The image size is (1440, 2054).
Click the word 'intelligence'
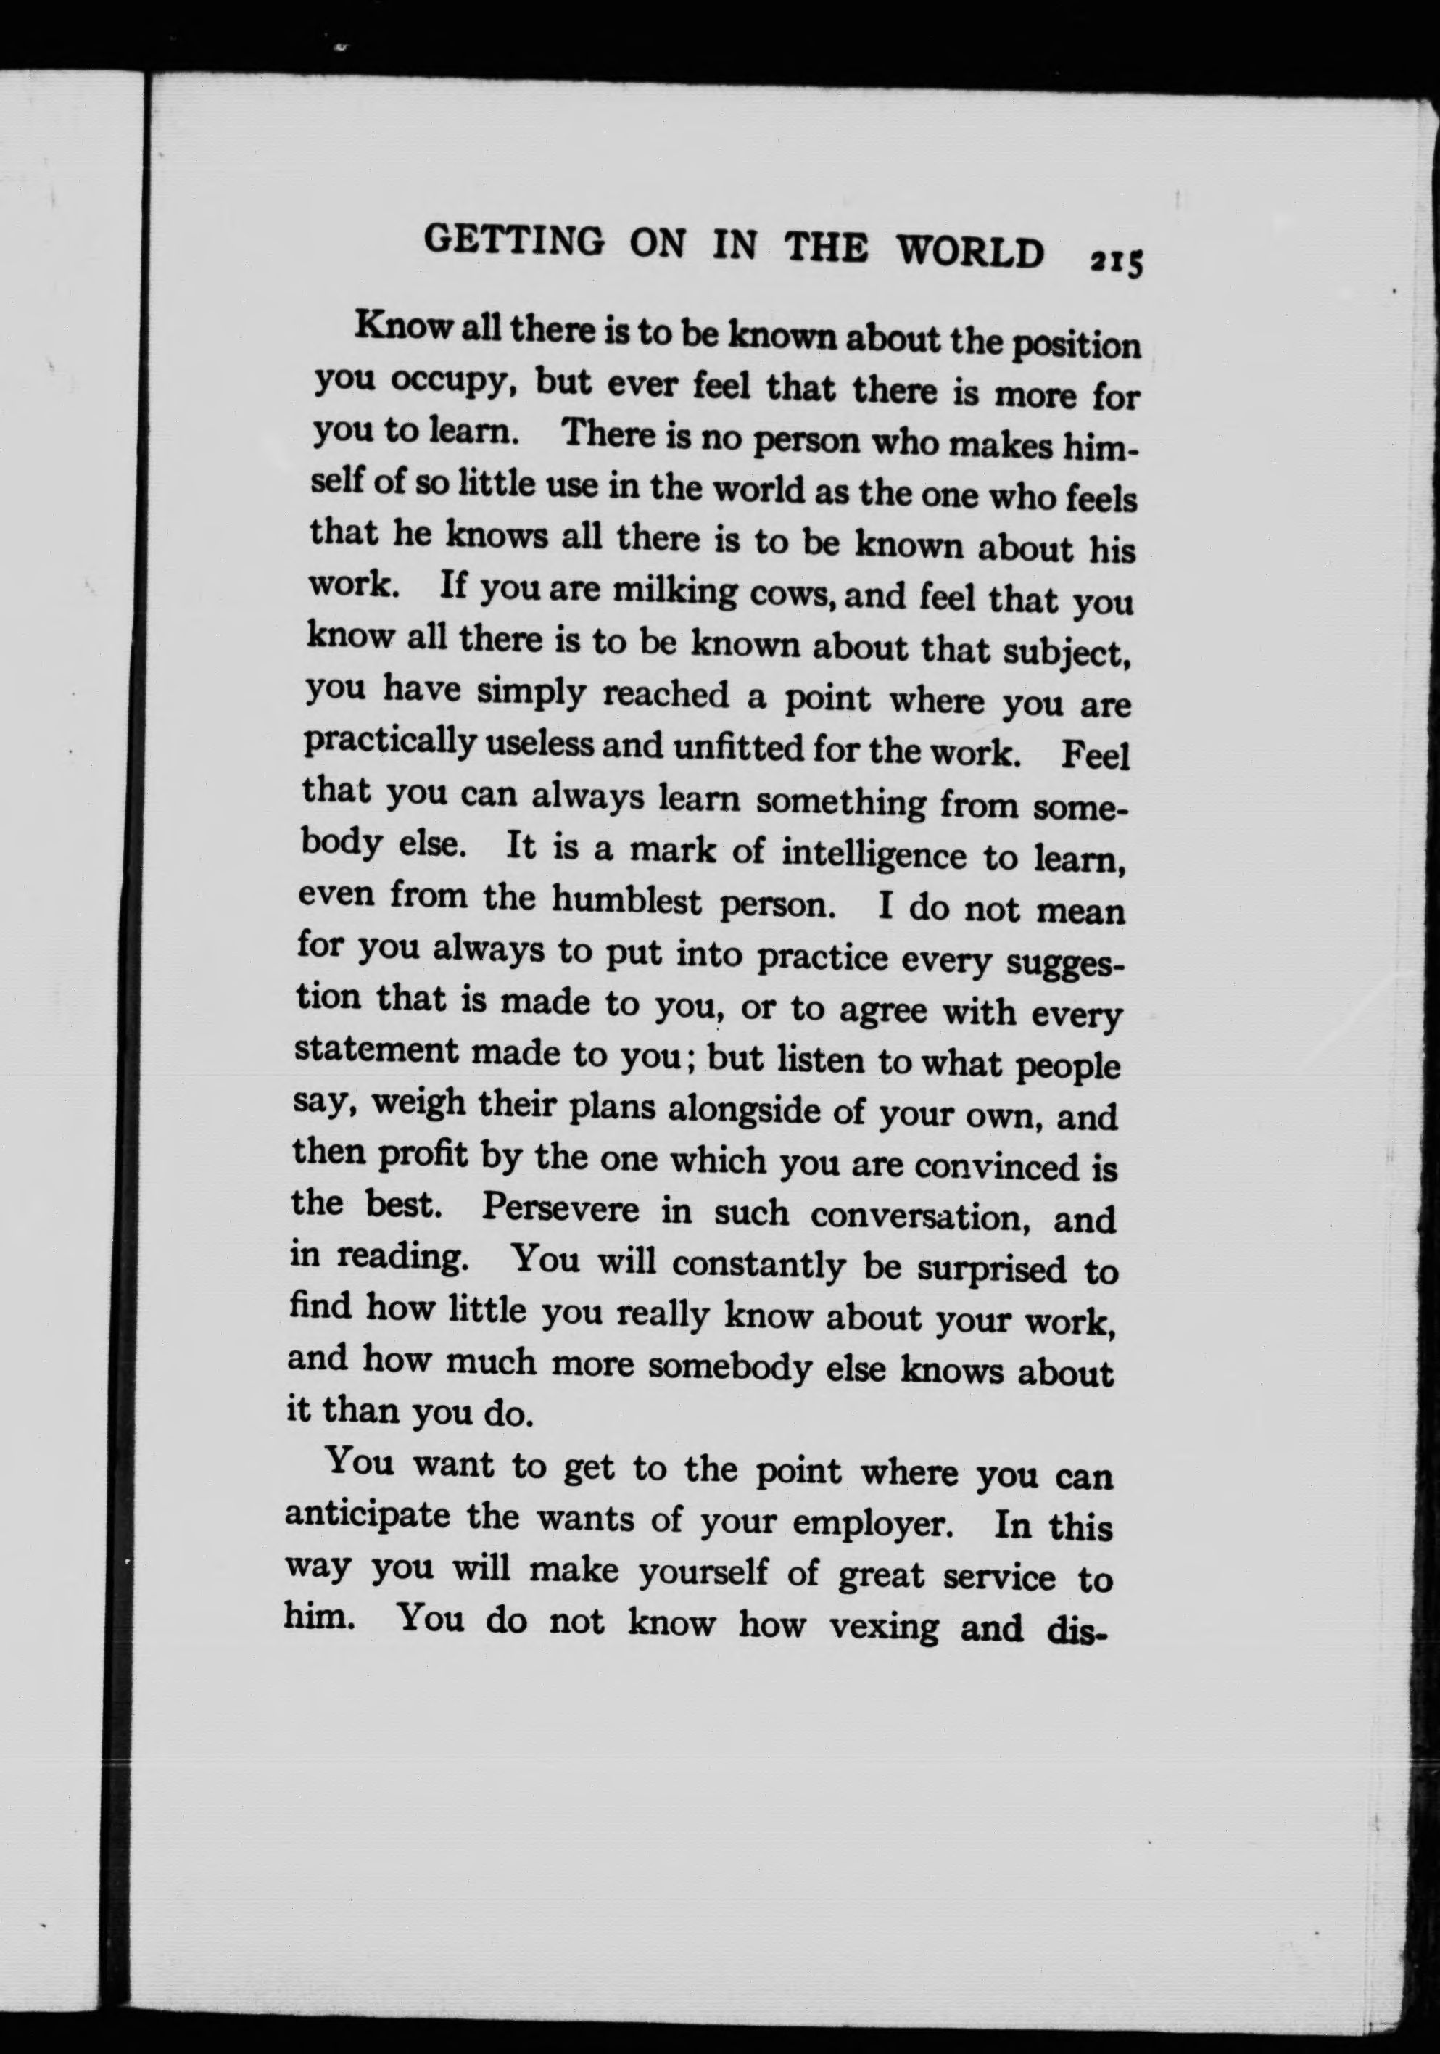point(874,854)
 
